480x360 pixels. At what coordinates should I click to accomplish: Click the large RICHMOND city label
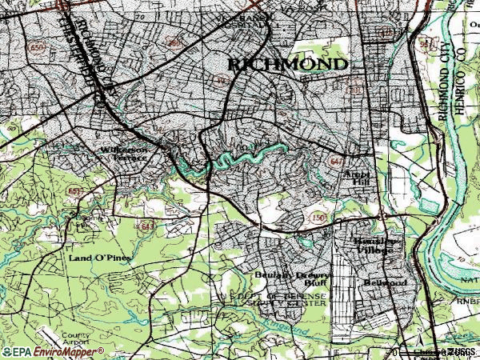[x=288, y=63]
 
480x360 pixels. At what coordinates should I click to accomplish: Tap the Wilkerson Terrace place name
[x=124, y=153]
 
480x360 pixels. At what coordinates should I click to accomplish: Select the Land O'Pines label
[x=99, y=258]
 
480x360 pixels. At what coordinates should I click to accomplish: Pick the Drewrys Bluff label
[x=314, y=278]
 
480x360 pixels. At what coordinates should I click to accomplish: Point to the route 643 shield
[x=147, y=226]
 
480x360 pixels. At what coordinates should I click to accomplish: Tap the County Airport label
[x=74, y=338]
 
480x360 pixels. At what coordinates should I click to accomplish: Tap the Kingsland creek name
[x=291, y=328]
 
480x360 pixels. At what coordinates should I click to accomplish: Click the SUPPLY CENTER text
[x=300, y=304]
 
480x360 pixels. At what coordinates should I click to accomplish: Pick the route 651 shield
[x=73, y=190]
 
